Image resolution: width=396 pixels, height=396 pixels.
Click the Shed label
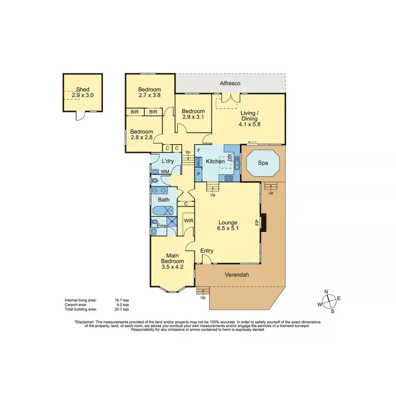click(82, 90)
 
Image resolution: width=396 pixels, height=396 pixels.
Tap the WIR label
click(188, 221)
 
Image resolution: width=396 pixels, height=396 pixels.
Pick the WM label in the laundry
click(165, 171)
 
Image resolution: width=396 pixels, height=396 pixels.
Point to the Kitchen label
click(215, 161)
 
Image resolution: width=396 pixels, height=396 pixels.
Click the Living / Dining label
click(249, 118)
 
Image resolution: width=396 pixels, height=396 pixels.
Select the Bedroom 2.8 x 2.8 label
click(142, 135)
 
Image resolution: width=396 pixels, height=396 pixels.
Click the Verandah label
click(236, 275)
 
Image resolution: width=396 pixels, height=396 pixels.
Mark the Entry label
click(206, 251)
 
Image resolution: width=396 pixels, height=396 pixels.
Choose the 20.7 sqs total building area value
click(122, 309)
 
